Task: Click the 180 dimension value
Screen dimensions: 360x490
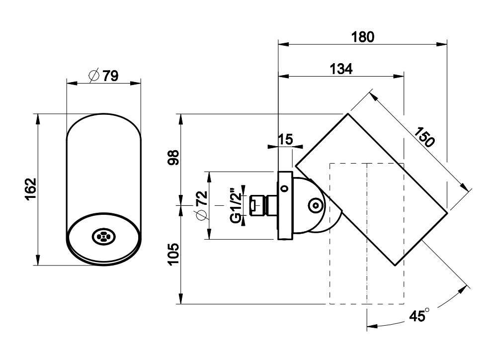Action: (x=363, y=37)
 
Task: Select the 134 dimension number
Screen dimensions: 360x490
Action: (x=341, y=69)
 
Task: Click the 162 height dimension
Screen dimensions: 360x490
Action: (x=31, y=189)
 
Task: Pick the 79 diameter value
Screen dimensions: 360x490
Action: (x=110, y=76)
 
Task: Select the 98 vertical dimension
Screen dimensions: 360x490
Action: (x=172, y=160)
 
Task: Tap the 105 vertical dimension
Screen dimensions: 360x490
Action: (x=172, y=254)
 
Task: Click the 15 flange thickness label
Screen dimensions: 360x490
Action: (x=285, y=139)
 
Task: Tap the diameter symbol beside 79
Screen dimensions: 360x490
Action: (x=94, y=76)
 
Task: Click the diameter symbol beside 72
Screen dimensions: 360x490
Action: (x=201, y=215)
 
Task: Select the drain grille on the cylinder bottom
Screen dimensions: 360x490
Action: (x=103, y=237)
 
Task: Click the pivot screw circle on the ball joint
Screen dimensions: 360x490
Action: (x=315, y=205)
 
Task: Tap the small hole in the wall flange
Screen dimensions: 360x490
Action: (x=284, y=188)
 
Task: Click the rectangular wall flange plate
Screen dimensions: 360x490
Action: (x=285, y=205)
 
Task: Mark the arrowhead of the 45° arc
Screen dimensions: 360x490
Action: (x=370, y=326)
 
